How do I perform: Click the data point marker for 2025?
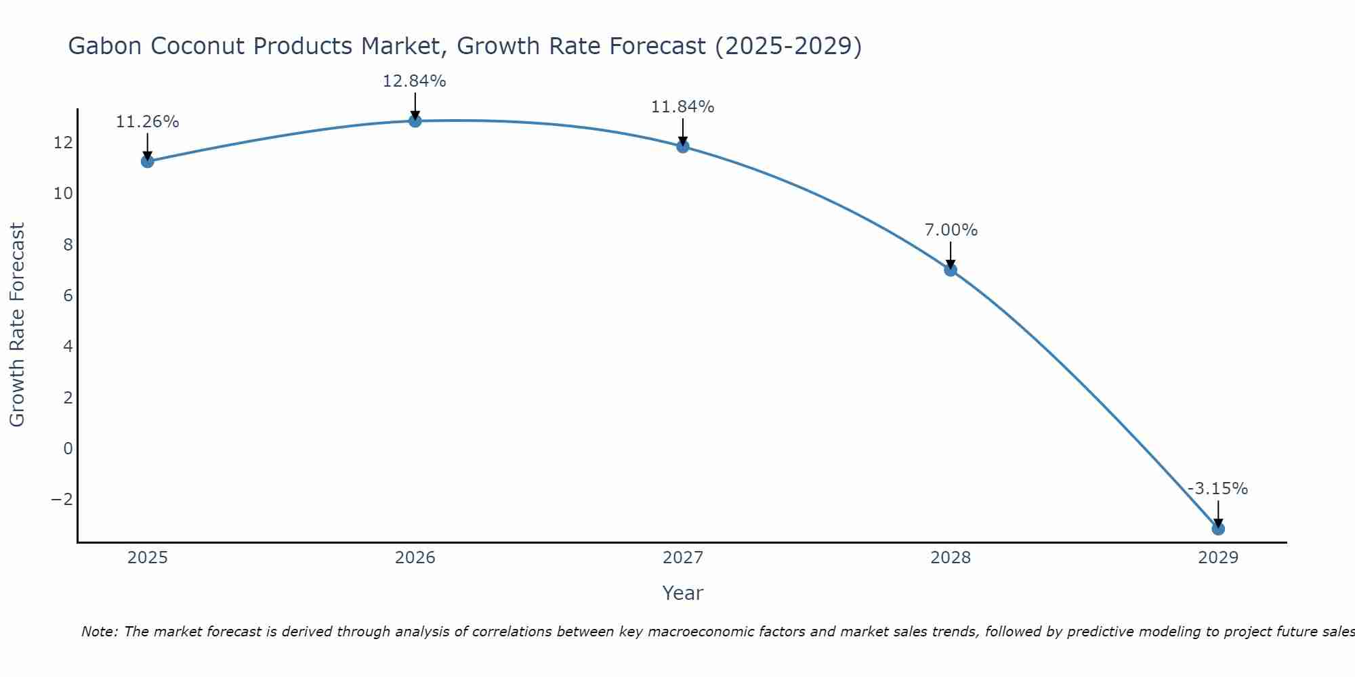tap(148, 161)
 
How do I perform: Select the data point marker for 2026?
tap(415, 121)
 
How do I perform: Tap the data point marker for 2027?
tap(683, 146)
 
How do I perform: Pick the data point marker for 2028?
tap(951, 270)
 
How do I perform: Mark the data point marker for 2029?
tap(1218, 529)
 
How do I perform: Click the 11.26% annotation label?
tap(148, 123)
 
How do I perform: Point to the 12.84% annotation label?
tap(415, 81)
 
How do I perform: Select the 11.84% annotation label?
tap(683, 107)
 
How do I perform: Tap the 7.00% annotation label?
tap(951, 230)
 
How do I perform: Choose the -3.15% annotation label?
tap(1217, 489)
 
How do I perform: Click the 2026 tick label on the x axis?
tap(415, 558)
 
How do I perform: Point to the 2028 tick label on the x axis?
tap(951, 558)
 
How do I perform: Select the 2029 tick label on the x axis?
tap(1218, 558)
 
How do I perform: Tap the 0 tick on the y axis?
tap(68, 449)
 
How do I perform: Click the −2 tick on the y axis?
tap(62, 500)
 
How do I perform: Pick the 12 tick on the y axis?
tap(63, 143)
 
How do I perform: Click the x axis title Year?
tap(683, 593)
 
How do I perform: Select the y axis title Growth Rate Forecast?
tap(17, 325)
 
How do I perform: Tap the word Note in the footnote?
tap(99, 632)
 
